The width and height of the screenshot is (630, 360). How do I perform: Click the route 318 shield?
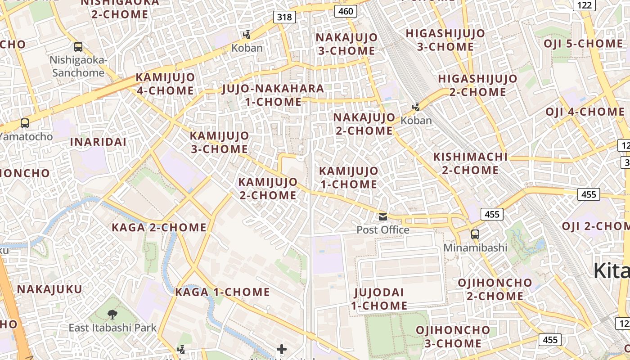coord(284,18)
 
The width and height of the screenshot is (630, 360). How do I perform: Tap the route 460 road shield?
coord(346,11)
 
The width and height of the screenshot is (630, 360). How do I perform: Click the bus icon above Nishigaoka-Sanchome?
coord(78,46)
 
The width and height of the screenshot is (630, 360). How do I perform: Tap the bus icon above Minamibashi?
coord(475,234)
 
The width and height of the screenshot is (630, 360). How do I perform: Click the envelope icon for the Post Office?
coord(383,217)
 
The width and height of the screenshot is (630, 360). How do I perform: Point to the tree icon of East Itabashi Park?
coord(112,314)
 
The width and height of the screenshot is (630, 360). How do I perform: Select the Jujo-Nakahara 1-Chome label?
coord(273,95)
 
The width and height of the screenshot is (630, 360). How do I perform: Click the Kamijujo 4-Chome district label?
coord(165,84)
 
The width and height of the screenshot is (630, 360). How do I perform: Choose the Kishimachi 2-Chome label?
coord(470,163)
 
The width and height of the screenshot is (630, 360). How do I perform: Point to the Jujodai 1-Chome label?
coord(379,299)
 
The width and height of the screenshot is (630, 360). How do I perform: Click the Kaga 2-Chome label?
coord(159,227)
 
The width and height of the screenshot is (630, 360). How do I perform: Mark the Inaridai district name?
coord(98,142)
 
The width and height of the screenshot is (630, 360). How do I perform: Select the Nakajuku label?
coord(50,289)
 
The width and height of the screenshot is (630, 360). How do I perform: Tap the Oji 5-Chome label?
coord(583,44)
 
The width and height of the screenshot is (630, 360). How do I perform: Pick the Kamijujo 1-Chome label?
coord(348,177)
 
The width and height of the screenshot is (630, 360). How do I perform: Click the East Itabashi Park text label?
coord(112,328)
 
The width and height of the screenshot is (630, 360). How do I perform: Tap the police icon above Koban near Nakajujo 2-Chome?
coord(416,107)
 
